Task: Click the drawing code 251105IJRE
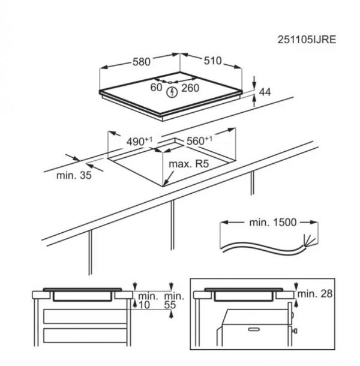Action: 307,40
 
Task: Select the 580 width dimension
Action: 142,62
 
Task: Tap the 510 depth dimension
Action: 212,61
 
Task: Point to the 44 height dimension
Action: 265,92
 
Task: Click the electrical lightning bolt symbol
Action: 172,92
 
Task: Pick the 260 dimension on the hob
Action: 190,88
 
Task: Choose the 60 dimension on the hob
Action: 156,88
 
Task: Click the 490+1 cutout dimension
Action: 139,141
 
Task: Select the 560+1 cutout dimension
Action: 200,140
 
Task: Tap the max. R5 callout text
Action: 188,164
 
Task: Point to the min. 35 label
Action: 74,175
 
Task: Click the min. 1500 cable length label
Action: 272,222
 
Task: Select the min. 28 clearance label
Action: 315,293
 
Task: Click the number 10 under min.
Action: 144,305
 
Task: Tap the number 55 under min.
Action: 170,305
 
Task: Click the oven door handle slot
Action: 254,329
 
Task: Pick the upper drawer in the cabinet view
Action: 85,317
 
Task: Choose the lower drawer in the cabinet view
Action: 85,335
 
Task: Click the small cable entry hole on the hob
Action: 170,82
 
